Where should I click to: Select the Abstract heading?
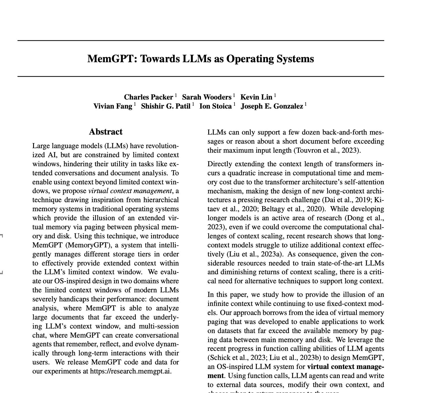(x=106, y=132)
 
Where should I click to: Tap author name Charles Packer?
(x=149, y=97)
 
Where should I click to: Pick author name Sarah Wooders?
(x=207, y=97)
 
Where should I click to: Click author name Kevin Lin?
(x=256, y=97)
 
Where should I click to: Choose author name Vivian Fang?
(x=113, y=106)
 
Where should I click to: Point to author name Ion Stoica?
(x=215, y=106)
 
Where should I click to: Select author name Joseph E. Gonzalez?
(x=272, y=106)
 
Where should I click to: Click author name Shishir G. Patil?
(x=166, y=106)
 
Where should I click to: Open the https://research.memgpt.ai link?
(x=130, y=371)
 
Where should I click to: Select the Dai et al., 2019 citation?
(x=347, y=200)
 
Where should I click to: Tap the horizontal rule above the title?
(x=201, y=41)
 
